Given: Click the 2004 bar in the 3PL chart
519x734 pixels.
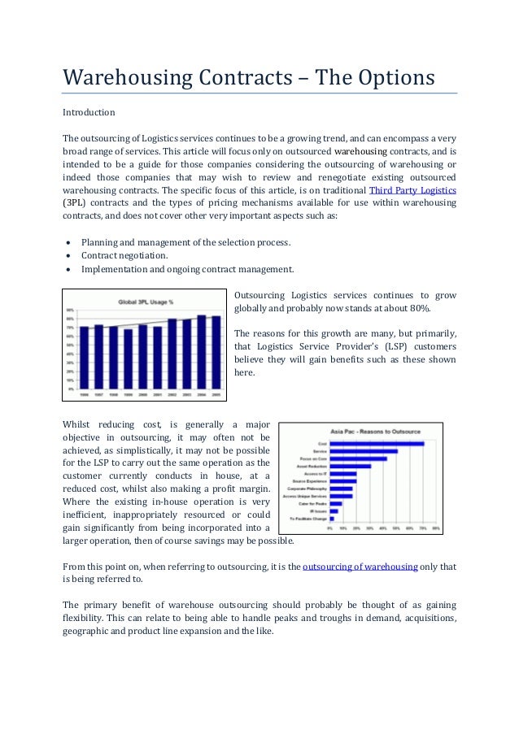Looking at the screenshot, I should click(x=202, y=352).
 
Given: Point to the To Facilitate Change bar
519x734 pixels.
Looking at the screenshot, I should click(x=332, y=518).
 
